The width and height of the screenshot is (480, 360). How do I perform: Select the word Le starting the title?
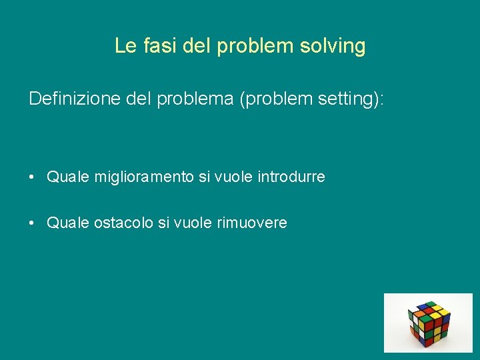click(124, 46)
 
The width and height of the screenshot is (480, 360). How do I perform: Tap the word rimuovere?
click(252, 223)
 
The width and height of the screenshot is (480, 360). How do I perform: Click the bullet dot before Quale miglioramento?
click(32, 177)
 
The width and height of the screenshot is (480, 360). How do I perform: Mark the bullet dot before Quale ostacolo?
click(32, 223)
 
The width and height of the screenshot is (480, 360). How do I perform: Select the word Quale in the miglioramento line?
click(68, 177)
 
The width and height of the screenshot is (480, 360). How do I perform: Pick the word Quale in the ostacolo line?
click(68, 223)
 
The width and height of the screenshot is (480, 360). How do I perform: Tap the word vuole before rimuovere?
click(192, 223)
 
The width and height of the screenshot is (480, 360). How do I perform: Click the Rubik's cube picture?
click(428, 323)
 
